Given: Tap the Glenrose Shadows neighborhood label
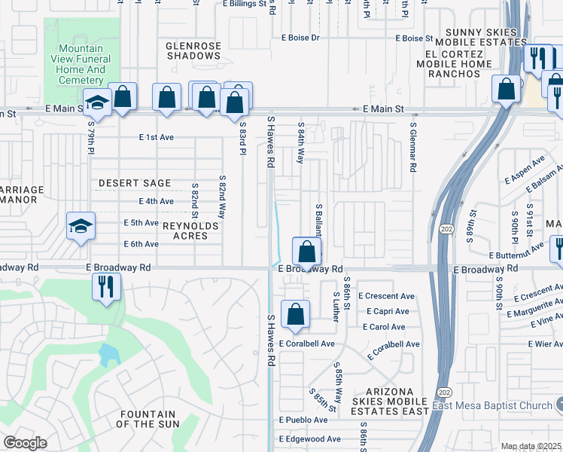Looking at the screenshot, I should tap(193, 50).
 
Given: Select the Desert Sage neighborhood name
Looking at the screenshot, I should tap(135, 183).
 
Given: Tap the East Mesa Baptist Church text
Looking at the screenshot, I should tap(493, 406).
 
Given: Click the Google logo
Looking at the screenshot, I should tap(25, 443).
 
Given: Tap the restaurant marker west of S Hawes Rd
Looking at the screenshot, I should tap(105, 286).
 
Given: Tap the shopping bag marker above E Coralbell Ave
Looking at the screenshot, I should tap(296, 314).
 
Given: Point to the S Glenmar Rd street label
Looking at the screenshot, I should tap(413, 148).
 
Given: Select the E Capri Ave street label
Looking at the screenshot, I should tap(387, 311).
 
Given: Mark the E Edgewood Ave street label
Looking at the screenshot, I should tap(309, 439).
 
